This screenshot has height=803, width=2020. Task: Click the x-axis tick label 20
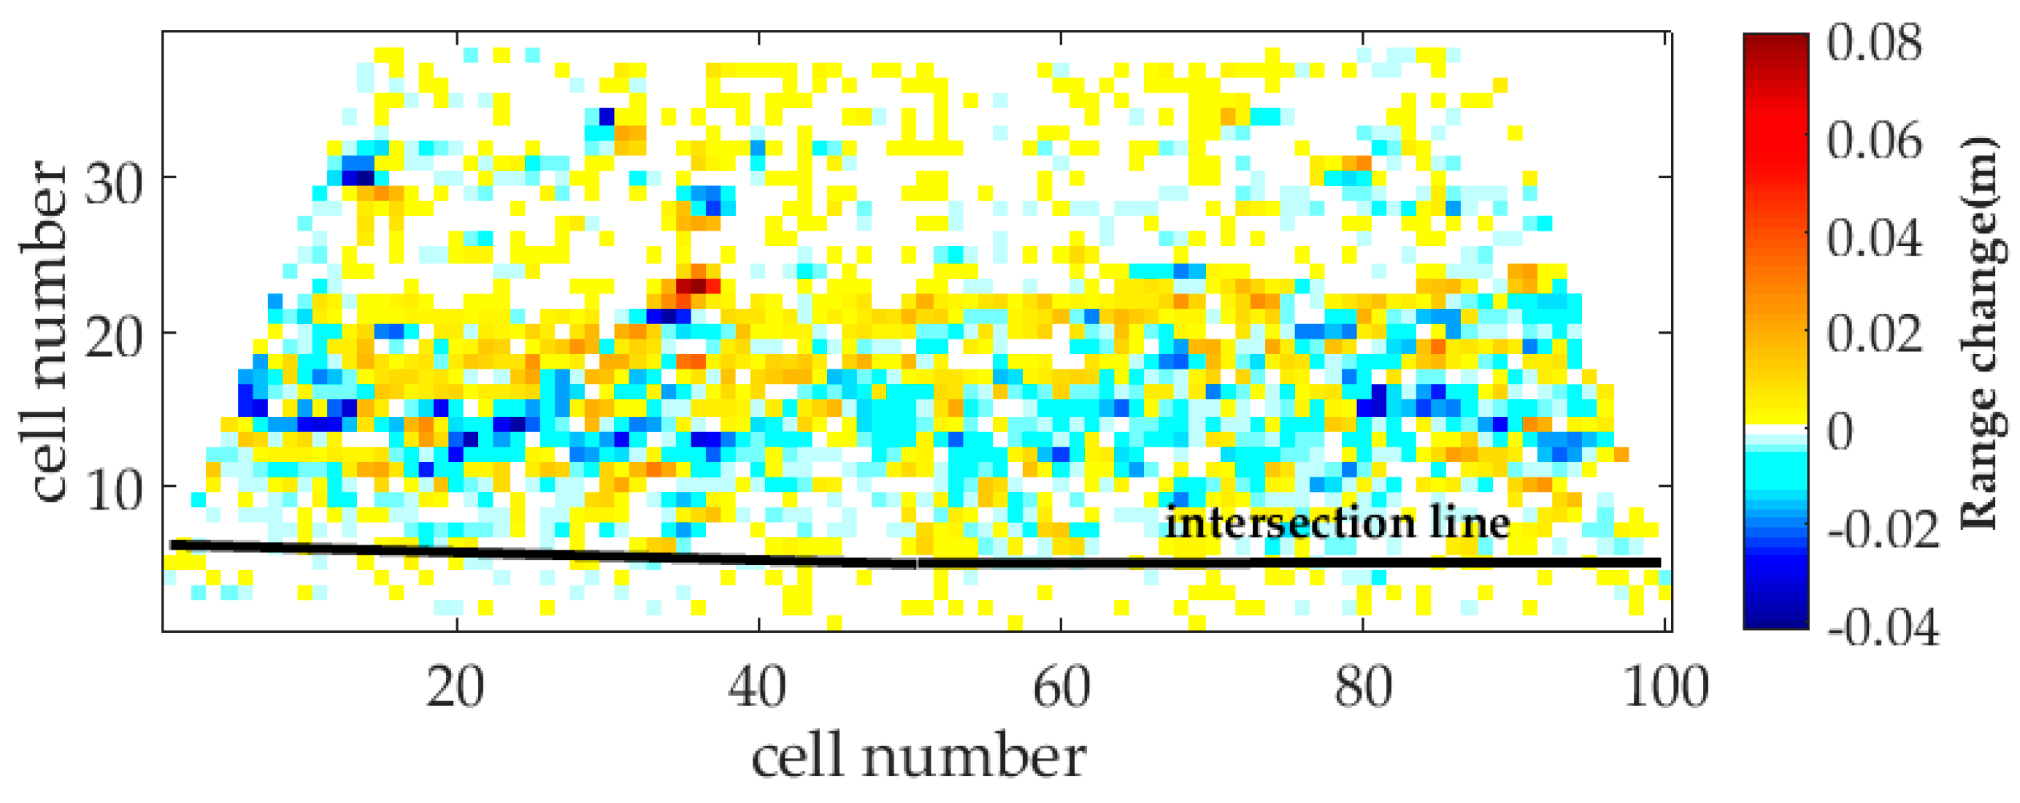tap(456, 688)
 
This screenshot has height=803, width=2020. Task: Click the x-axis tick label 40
tap(758, 688)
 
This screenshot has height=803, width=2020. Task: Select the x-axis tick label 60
tap(1060, 688)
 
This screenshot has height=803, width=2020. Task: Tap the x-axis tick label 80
tap(1363, 688)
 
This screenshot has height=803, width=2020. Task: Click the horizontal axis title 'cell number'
tap(918, 758)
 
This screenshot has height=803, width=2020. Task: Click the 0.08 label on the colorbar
tap(1874, 42)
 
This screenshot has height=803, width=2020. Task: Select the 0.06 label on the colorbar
tap(1874, 141)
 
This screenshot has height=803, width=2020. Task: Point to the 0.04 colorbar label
tap(1874, 237)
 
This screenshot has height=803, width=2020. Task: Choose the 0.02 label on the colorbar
tap(1874, 334)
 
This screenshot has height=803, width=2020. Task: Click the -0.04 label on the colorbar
tap(1882, 627)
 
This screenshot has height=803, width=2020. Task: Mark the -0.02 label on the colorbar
tap(1882, 530)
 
